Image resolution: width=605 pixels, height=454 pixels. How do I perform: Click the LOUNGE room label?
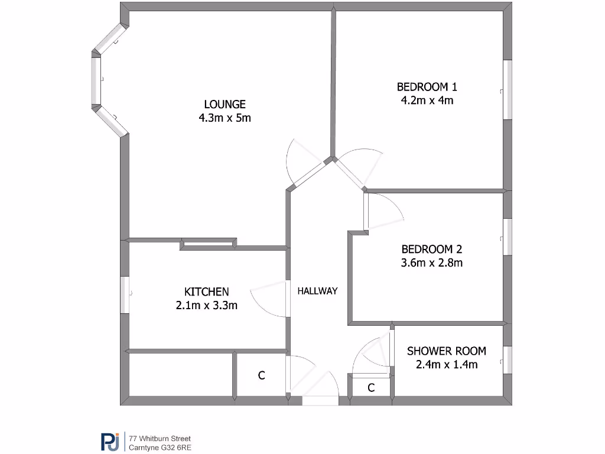tap(225, 104)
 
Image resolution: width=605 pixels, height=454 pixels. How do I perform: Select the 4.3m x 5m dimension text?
tap(225, 118)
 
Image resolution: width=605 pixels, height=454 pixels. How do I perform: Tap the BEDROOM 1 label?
tap(427, 87)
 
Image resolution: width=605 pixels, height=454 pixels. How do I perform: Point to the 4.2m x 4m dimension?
tap(427, 100)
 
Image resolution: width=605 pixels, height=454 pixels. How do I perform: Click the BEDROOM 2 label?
tap(431, 249)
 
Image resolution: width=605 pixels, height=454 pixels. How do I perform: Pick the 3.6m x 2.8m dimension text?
tap(431, 262)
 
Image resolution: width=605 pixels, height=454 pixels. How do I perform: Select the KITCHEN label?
tap(206, 291)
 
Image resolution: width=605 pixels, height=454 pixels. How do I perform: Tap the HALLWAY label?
tap(317, 291)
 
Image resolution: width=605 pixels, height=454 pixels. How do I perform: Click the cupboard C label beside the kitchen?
tap(261, 375)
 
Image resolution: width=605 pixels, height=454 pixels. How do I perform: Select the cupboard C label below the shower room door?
tap(371, 388)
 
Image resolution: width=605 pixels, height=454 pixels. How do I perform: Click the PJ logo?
tap(109, 442)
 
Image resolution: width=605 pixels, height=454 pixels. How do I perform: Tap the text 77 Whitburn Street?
tap(160, 439)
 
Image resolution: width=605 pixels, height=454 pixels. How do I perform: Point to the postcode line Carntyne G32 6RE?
tap(160, 447)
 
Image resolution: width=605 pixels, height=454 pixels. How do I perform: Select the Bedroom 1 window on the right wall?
tap(507, 90)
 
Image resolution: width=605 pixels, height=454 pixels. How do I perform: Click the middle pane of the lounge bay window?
tap(96, 80)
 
